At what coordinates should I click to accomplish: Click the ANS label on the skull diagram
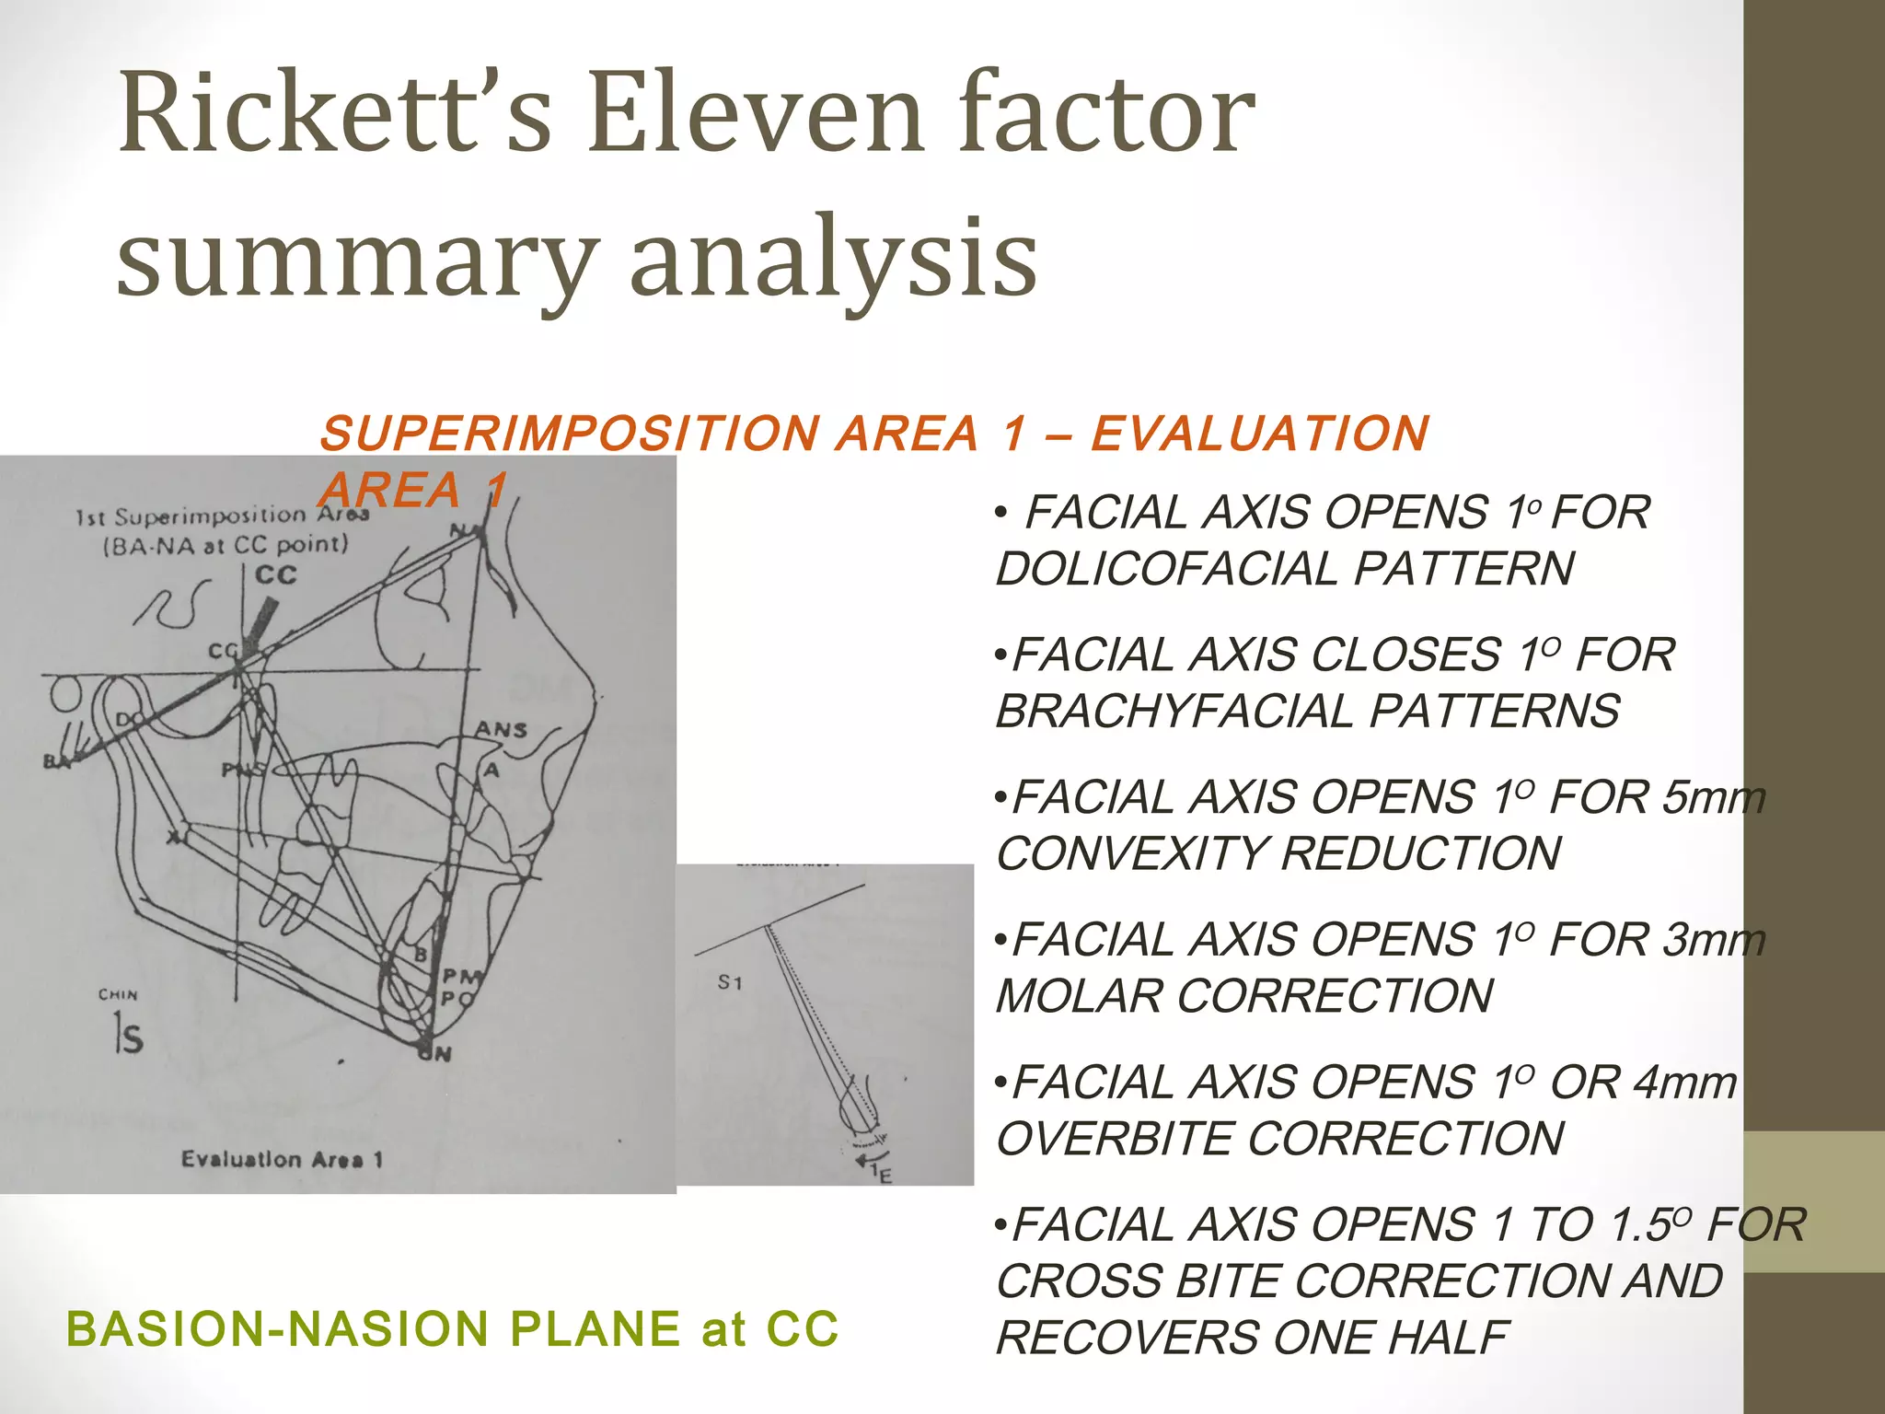501,730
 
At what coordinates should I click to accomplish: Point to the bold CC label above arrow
275,575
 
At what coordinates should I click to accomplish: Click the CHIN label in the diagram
118,995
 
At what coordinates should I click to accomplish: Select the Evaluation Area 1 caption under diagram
282,1159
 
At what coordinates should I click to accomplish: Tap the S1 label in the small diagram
730,983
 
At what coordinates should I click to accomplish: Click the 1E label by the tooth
881,1173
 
